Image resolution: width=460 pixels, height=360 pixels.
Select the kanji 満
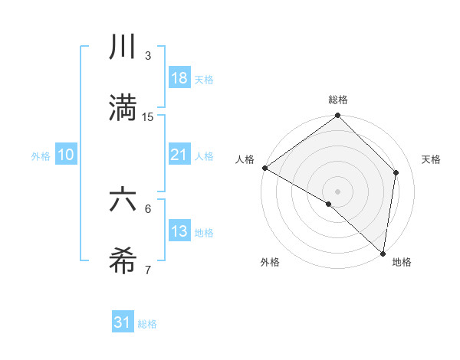tap(122, 107)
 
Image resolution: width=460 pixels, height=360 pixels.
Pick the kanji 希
tap(122, 261)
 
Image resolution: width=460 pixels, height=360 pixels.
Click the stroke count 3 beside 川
tap(148, 56)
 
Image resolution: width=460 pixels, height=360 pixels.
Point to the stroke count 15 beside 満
tap(148, 116)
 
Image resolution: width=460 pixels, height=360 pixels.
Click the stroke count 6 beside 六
tap(148, 208)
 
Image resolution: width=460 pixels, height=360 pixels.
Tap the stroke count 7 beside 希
tap(148, 270)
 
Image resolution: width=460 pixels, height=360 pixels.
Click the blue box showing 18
tap(179, 78)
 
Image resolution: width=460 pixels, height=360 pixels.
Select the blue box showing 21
tap(179, 155)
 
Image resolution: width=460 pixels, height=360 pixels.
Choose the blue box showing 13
tap(179, 231)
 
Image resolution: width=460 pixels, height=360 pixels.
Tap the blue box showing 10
tap(66, 155)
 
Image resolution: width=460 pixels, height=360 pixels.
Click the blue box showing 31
tap(123, 322)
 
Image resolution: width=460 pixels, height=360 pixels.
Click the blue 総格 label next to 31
tap(147, 324)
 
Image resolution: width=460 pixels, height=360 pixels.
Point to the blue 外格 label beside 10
tap(41, 155)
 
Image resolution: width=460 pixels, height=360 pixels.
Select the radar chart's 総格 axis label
tap(338, 100)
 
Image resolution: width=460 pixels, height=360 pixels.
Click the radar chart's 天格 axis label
tap(432, 159)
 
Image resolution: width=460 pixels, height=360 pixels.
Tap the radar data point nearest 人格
tap(264, 168)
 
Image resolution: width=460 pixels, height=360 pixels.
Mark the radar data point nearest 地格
tap(383, 253)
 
